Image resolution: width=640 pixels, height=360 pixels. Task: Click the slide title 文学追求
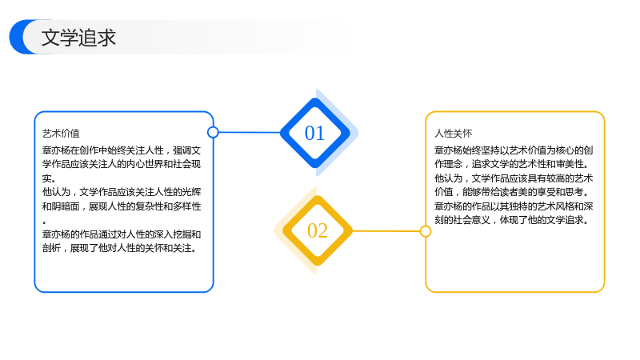[78, 38]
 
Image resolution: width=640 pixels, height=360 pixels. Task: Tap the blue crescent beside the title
[17, 37]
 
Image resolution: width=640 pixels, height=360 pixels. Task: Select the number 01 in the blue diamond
[314, 133]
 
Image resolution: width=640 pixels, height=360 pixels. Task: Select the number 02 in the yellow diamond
[318, 230]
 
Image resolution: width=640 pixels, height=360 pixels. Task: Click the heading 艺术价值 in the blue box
[61, 134]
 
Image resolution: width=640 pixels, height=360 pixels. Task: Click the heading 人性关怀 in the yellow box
[453, 134]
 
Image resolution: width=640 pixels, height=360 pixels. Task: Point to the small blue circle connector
[213, 132]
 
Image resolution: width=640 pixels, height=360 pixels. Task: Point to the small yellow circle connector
[426, 231]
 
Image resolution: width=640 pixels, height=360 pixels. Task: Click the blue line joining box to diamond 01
[250, 132]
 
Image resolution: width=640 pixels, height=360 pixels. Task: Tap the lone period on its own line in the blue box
[44, 222]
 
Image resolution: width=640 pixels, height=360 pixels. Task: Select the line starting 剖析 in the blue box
[119, 248]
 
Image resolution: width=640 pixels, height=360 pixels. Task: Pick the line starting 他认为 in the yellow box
[514, 178]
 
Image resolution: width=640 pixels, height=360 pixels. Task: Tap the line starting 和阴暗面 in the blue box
[122, 206]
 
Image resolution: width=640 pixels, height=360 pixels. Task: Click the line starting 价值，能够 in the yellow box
[512, 192]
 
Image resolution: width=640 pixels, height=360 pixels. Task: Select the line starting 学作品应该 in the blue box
[122, 164]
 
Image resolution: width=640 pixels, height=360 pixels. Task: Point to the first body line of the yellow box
[514, 150]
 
